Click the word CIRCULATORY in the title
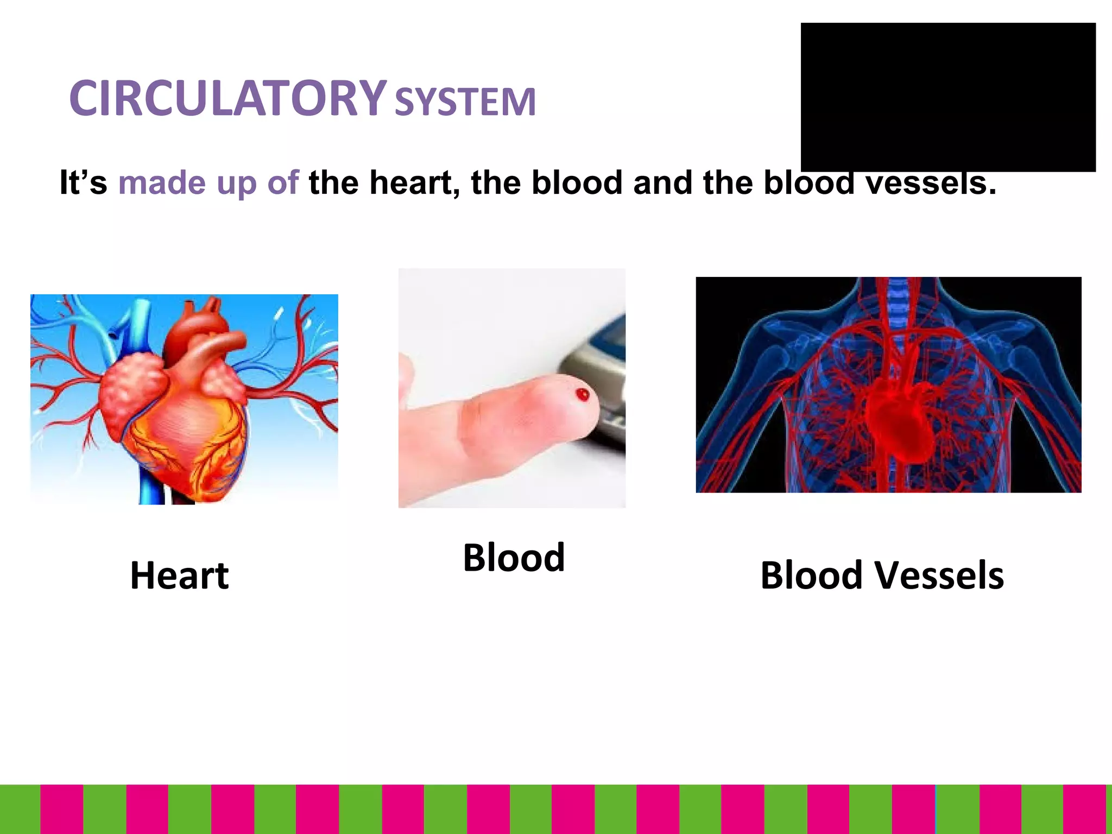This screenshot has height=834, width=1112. tap(228, 99)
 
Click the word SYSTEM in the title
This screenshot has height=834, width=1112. tap(465, 102)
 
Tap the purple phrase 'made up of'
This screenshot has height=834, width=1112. tap(208, 182)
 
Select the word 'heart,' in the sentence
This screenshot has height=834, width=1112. tap(411, 182)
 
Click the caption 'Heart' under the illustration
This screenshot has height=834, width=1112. tap(180, 576)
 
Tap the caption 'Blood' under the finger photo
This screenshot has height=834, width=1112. tap(514, 558)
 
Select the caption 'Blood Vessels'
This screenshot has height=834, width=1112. tap(882, 576)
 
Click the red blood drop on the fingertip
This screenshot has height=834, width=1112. tap(583, 394)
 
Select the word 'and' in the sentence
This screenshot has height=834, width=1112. tap(662, 182)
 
